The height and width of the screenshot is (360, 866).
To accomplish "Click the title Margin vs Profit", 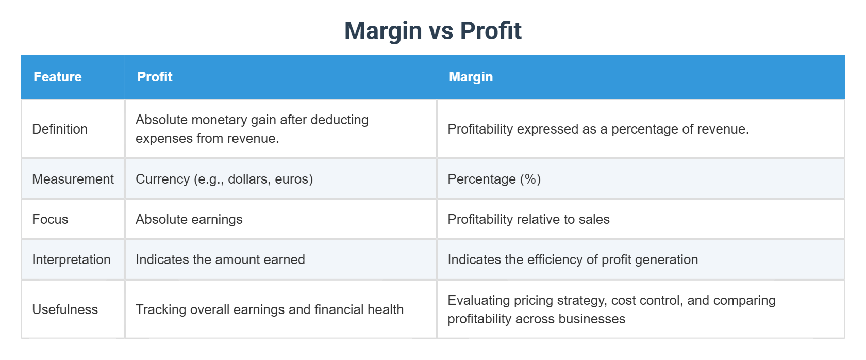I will point(432,31).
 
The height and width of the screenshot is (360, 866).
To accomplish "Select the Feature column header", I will point(57,77).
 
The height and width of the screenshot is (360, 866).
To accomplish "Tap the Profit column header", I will point(154,77).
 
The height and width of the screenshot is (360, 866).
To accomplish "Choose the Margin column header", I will point(471,77).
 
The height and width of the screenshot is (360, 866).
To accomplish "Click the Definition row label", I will point(60,129).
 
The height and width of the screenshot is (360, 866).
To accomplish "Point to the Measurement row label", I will point(73,179).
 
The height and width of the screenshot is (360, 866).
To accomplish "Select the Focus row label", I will point(50,219).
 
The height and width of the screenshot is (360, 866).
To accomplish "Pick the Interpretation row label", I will point(71,259).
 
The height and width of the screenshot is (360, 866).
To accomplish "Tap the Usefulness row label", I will point(65,309).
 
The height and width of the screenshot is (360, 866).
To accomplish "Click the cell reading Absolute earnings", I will point(189,219).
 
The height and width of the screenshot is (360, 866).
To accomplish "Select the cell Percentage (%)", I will point(494,179).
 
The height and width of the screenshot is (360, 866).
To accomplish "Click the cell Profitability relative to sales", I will point(528,219).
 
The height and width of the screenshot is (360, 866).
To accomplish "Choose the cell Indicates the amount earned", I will point(220,259).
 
